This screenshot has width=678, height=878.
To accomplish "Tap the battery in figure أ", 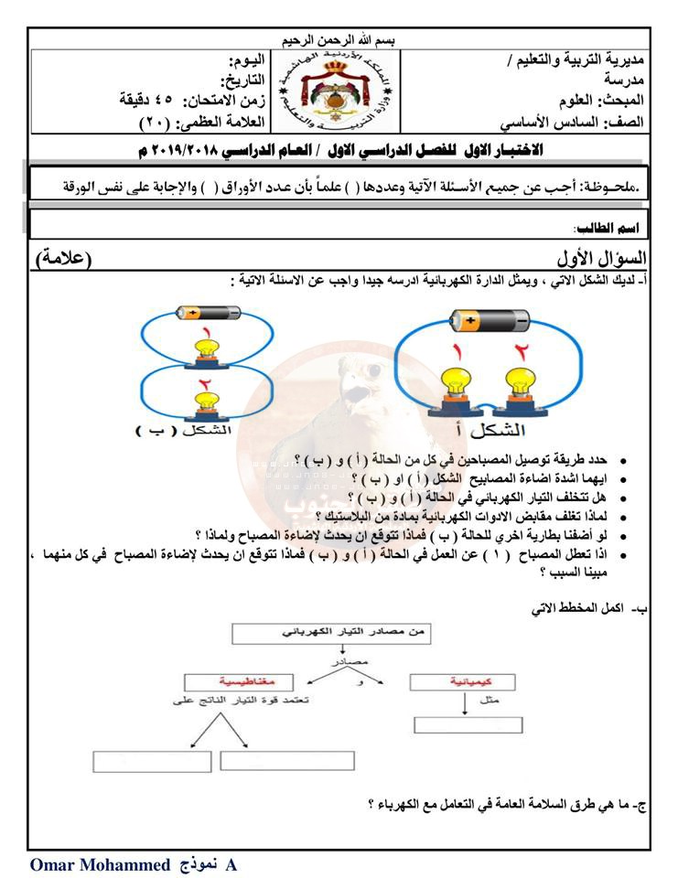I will pyautogui.click(x=489, y=322).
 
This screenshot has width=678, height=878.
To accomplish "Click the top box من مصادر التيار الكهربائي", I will pyautogui.click(x=332, y=632).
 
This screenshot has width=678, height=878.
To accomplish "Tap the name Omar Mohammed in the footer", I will pyautogui.click(x=100, y=864).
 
